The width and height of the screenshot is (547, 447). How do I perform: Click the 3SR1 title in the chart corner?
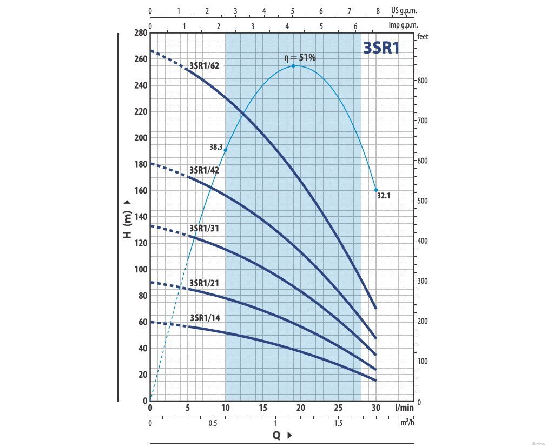[x=381, y=48]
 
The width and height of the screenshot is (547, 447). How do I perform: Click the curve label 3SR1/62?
[x=204, y=66]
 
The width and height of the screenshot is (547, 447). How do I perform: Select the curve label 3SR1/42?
[x=204, y=170]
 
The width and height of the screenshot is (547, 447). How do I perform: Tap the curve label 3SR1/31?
[x=204, y=228]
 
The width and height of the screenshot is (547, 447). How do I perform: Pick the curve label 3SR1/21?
[x=204, y=283]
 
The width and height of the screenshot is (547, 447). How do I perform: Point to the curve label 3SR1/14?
[x=205, y=317]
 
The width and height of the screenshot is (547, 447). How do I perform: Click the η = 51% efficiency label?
[x=300, y=57]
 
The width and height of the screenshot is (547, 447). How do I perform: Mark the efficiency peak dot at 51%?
[x=294, y=66]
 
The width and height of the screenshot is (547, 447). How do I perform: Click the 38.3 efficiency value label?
[x=216, y=147]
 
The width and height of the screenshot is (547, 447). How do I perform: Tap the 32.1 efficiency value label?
[x=383, y=196]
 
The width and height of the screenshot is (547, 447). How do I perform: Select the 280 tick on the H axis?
[x=140, y=33]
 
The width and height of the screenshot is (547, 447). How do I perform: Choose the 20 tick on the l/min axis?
[x=300, y=408]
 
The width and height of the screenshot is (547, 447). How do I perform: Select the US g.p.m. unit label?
[x=404, y=10]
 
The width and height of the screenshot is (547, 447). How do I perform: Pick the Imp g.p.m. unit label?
[x=403, y=25]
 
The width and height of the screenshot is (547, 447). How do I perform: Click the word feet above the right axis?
[x=423, y=37]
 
